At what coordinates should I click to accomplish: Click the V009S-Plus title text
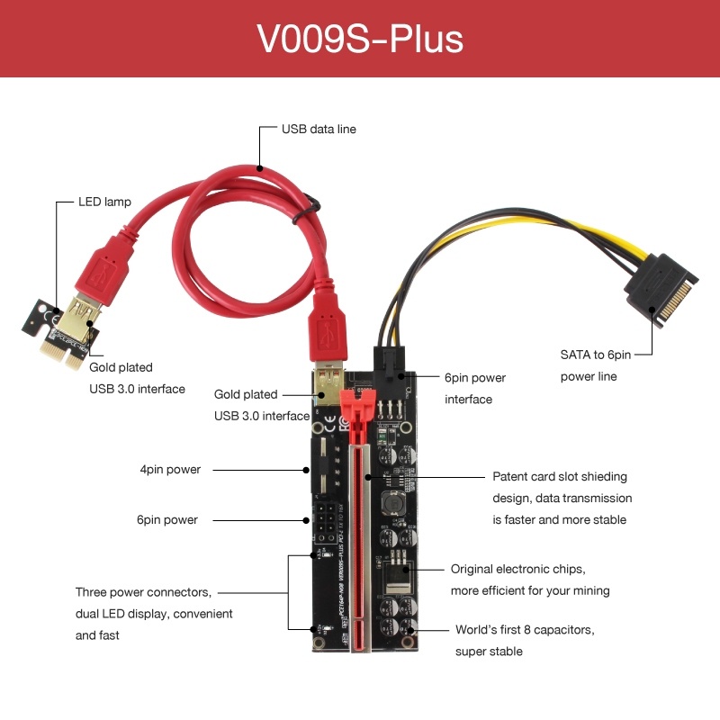(360, 39)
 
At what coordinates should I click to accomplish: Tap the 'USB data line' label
(319, 129)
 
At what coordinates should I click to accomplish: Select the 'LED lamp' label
(104, 202)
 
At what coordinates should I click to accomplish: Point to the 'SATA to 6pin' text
(596, 355)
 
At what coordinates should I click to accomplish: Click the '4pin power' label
(170, 469)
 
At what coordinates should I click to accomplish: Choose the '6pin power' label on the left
(167, 520)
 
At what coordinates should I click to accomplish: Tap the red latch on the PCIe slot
(357, 414)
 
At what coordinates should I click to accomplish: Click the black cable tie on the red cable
(306, 211)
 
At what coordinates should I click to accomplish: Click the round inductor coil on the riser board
(393, 503)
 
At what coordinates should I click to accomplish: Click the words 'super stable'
(489, 652)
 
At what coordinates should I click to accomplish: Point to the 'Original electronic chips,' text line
(518, 570)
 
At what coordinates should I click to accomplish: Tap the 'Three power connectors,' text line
(143, 592)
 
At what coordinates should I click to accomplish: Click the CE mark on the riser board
(330, 424)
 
